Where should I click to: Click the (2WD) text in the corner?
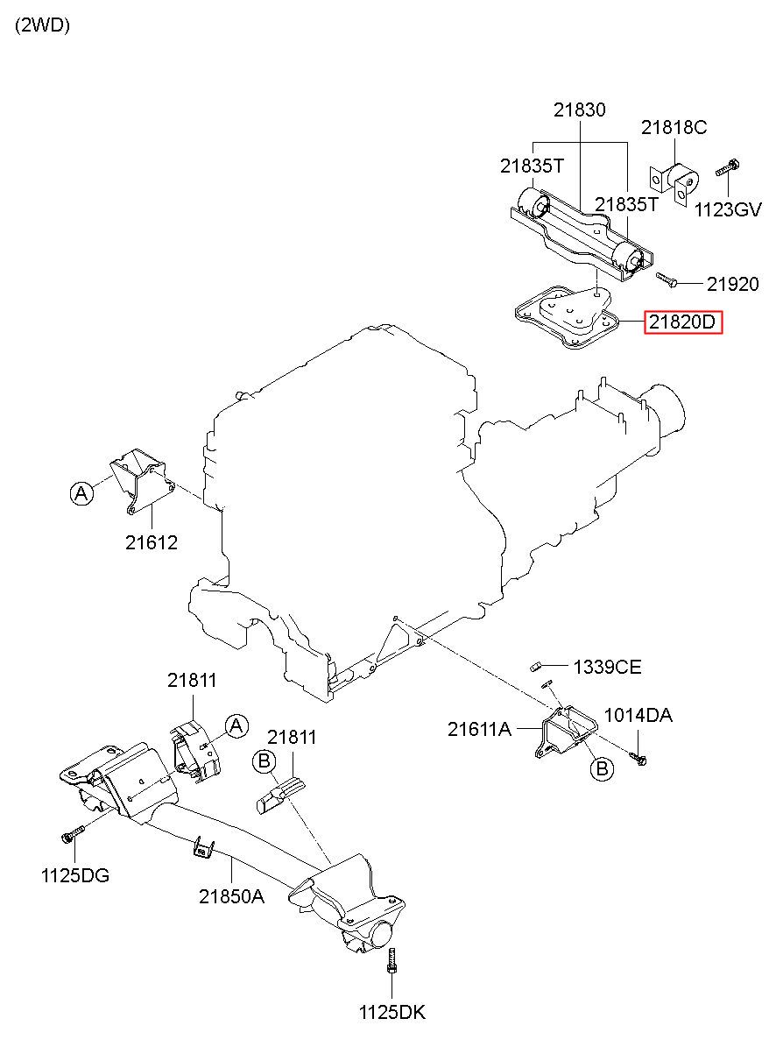(x=43, y=25)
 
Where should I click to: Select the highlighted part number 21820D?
(x=682, y=322)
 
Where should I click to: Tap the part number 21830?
(x=580, y=110)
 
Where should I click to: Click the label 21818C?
(x=674, y=127)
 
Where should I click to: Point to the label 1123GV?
(x=728, y=209)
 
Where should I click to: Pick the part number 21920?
(x=732, y=284)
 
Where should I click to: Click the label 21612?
(x=152, y=543)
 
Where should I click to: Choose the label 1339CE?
(x=608, y=667)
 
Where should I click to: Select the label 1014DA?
(x=638, y=715)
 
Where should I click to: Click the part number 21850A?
(x=231, y=896)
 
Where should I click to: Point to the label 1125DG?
(x=75, y=876)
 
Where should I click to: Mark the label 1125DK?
(x=392, y=1013)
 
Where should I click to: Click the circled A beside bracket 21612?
(x=81, y=493)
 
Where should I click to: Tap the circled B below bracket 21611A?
(x=603, y=767)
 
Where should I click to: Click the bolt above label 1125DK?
(x=392, y=960)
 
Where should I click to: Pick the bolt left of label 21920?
(x=667, y=279)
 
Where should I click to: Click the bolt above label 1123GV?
(x=728, y=168)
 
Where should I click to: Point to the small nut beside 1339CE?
(x=535, y=667)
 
